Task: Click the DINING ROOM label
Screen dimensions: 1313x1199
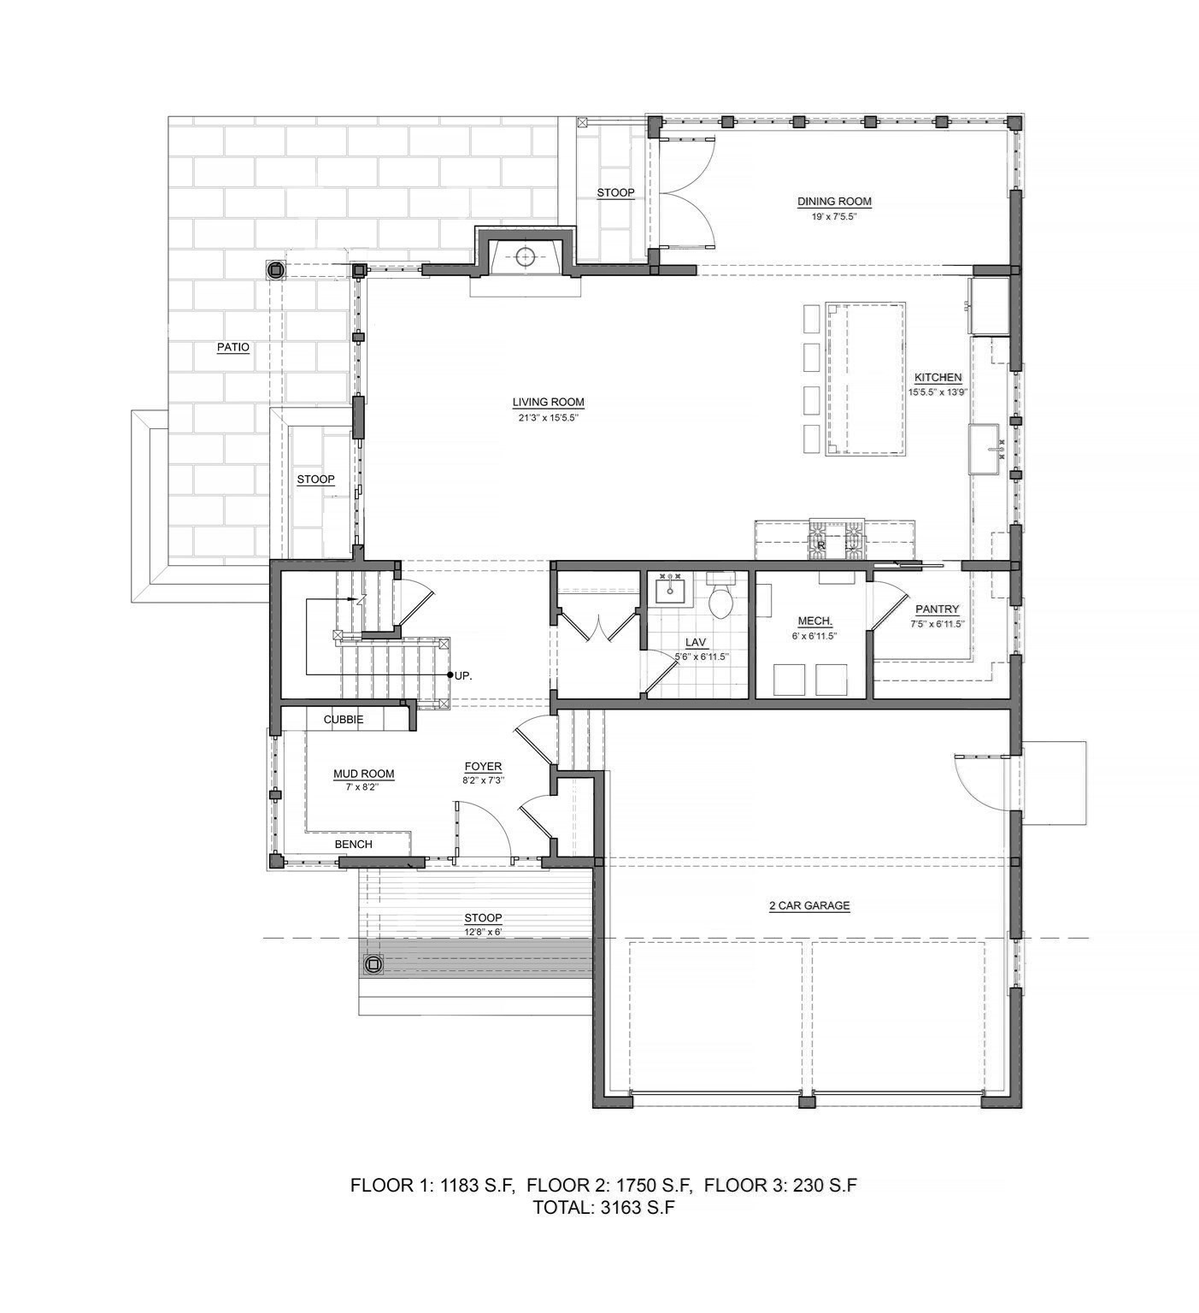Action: (x=834, y=202)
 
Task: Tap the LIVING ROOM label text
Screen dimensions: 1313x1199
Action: (x=548, y=402)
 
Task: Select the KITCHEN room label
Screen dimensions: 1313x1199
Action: (x=937, y=377)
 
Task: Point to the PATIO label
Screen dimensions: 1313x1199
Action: (x=232, y=347)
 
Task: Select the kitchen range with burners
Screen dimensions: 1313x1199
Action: (x=837, y=540)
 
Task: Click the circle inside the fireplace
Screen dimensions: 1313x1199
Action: (x=526, y=255)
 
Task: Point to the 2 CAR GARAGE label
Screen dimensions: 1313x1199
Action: (x=808, y=905)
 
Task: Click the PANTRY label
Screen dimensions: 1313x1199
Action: (x=937, y=609)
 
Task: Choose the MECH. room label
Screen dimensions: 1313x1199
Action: (x=814, y=621)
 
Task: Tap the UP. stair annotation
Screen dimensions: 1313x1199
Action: (x=463, y=675)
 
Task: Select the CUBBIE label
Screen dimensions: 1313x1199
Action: (x=343, y=720)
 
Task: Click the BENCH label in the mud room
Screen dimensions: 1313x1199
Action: (x=353, y=844)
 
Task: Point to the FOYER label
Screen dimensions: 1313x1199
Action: (x=483, y=767)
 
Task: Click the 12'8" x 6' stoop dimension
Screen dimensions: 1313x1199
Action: (x=483, y=931)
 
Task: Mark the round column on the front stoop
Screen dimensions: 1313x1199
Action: (x=373, y=965)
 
